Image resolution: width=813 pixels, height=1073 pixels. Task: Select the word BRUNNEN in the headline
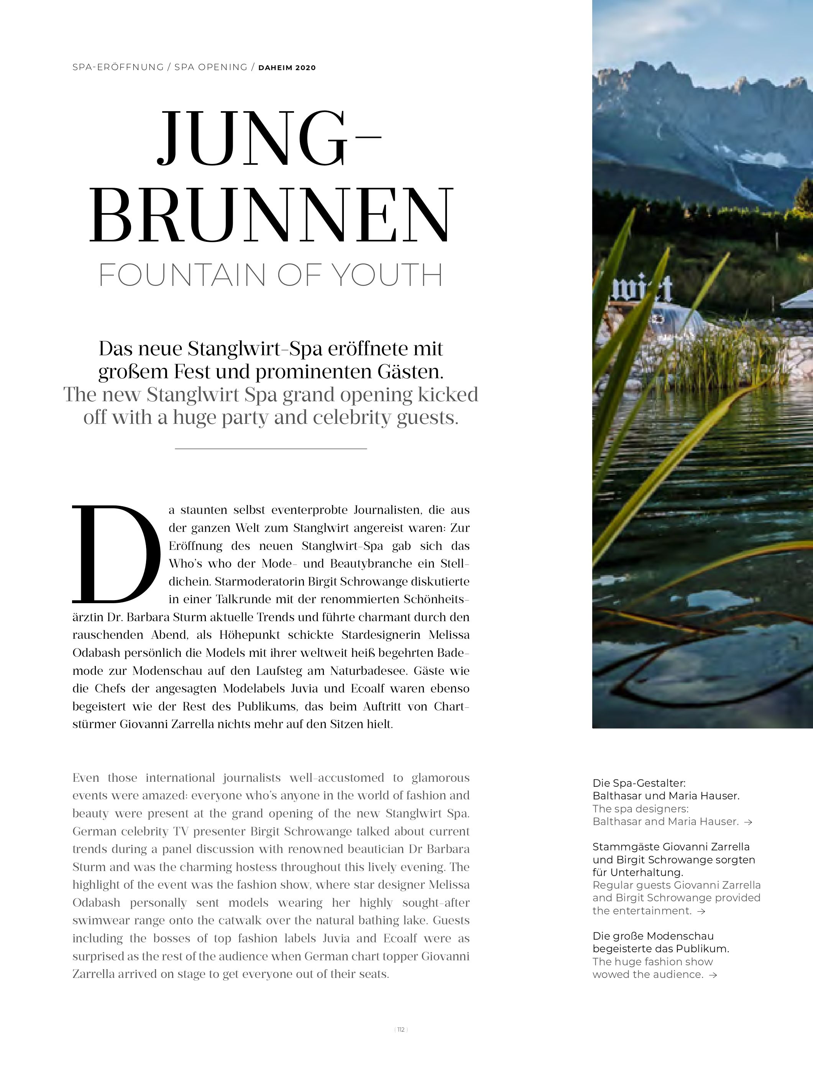(271, 215)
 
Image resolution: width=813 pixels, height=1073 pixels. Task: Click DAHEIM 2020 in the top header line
(287, 68)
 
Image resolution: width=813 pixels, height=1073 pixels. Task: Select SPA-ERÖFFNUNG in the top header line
(118, 67)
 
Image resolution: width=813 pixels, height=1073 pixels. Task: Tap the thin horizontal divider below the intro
(271, 449)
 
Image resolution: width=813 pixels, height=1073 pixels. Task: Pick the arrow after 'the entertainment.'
(700, 911)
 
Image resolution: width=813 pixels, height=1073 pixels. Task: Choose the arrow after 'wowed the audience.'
(713, 975)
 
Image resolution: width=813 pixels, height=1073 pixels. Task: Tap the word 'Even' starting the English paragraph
(86, 778)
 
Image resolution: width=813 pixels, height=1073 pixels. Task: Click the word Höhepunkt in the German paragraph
(252, 635)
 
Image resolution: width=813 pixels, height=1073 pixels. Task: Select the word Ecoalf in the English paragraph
(400, 938)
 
